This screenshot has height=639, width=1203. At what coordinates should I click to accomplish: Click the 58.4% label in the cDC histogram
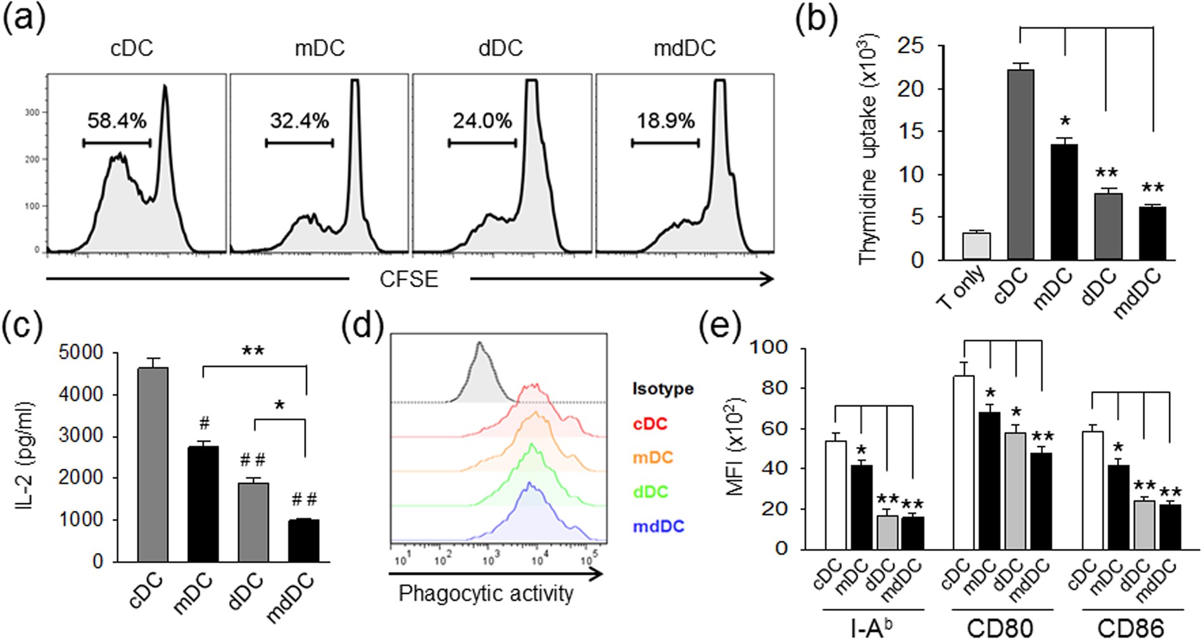117,120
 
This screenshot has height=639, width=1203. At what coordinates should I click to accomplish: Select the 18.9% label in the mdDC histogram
665,120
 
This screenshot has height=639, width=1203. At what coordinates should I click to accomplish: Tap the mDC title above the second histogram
320,48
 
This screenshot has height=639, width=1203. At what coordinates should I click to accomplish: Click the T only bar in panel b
976,246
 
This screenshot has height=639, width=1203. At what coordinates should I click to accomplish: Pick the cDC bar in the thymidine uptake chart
1020,165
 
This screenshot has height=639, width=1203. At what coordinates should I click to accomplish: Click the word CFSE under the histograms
408,279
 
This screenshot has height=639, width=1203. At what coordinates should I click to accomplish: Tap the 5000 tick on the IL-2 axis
80,353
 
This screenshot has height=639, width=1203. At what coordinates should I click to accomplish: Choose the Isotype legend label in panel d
662,388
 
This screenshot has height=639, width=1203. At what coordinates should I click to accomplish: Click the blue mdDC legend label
658,526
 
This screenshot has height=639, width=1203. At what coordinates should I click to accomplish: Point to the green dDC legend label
651,491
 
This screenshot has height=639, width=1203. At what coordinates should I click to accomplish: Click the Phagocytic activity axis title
486,594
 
